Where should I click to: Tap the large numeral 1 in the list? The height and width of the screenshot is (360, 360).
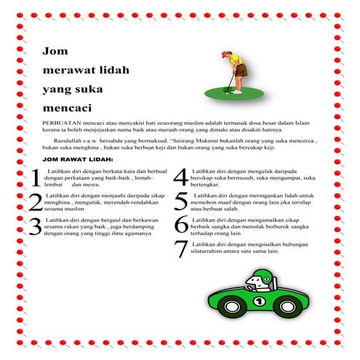(x=35, y=177)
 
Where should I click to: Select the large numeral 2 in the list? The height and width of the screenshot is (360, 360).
(x=35, y=202)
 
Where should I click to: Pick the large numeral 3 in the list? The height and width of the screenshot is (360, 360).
(x=35, y=226)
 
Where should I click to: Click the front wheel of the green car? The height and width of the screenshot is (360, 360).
(x=290, y=308)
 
